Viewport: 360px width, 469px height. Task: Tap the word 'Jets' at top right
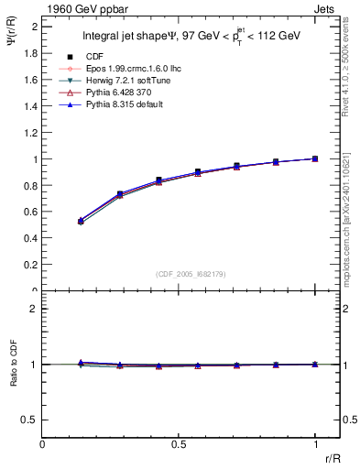(327, 8)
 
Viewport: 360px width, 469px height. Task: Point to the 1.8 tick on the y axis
(32, 53)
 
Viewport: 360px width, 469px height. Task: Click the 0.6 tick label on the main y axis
(32, 212)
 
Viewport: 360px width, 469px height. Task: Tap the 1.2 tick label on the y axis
(32, 133)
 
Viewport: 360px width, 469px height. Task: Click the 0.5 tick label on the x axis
(179, 444)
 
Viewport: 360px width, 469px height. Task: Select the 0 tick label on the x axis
(43, 444)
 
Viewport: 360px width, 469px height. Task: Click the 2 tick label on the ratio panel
(34, 310)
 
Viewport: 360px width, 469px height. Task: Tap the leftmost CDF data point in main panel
(81, 221)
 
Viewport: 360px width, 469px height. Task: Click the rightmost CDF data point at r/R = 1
(315, 158)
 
